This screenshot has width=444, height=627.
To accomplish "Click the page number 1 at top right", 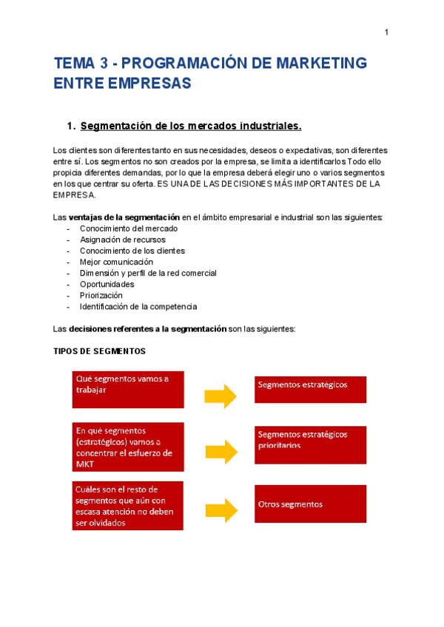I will click(x=386, y=32).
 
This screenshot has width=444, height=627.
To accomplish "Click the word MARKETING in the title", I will click(x=321, y=63).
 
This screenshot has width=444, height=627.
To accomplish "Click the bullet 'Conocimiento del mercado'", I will click(x=129, y=228).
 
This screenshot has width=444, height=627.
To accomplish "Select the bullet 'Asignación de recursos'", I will click(x=123, y=240).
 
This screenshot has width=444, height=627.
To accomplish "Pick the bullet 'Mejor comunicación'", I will click(x=116, y=262).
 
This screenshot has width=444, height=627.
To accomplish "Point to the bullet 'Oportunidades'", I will click(x=107, y=284).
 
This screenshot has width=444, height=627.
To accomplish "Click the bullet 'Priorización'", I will click(x=101, y=295).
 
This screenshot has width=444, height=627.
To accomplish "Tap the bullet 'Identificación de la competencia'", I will click(x=138, y=306).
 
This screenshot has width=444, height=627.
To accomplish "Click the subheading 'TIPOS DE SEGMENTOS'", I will click(x=100, y=350).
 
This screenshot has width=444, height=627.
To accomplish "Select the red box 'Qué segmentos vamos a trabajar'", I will click(x=128, y=389).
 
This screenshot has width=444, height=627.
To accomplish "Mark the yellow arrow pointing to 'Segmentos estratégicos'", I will click(x=221, y=396).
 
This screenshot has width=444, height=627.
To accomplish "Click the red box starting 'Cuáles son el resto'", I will click(x=128, y=506).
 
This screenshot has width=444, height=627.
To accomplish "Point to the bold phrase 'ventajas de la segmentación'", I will click(x=124, y=217).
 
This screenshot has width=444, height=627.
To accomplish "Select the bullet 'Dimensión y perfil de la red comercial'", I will click(x=148, y=273).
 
